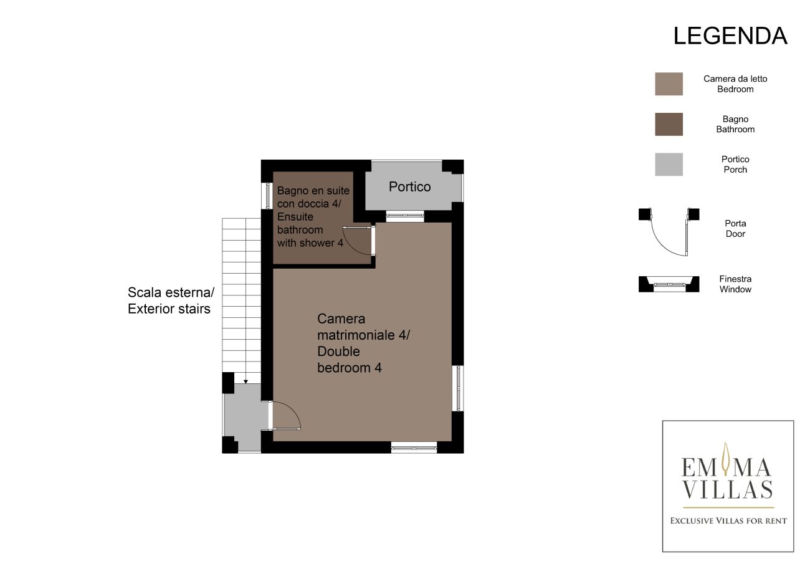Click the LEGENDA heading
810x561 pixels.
pyautogui.click(x=730, y=36)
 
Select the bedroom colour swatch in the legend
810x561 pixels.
pyautogui.click(x=669, y=84)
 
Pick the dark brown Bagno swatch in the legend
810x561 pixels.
pyautogui.click(x=669, y=124)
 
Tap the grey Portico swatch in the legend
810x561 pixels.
pyautogui.click(x=669, y=165)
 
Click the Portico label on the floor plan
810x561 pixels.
pyautogui.click(x=409, y=187)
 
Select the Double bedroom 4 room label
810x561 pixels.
pyautogui.click(x=363, y=343)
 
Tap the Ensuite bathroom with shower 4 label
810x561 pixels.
pyautogui.click(x=313, y=216)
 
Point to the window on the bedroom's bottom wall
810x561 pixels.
pyautogui.click(x=414, y=446)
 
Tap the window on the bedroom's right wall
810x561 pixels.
pyautogui.click(x=459, y=388)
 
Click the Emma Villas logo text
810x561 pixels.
pyautogui.click(x=727, y=479)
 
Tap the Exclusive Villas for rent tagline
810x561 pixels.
pyautogui.click(x=728, y=520)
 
